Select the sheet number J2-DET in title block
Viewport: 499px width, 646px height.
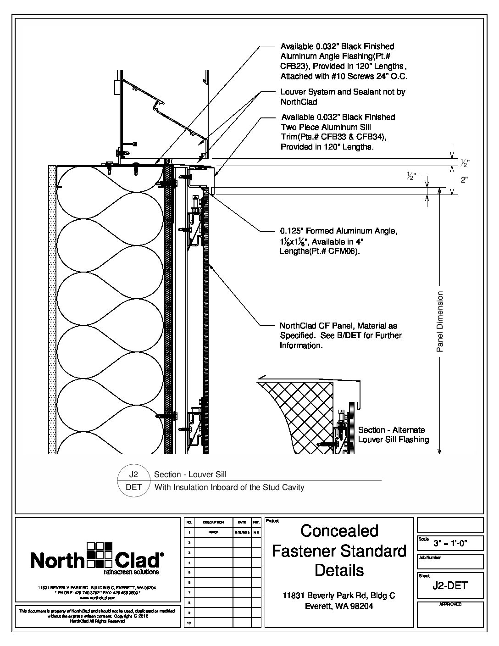[x=450, y=585]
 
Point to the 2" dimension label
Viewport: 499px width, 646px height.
[x=464, y=180]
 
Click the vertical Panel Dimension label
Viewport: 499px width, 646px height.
[x=440, y=322]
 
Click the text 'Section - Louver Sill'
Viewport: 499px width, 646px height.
[x=190, y=474]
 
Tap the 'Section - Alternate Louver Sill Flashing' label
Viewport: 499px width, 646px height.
[x=393, y=434]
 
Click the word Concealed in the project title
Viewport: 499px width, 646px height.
[x=339, y=531]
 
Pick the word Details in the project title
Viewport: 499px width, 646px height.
[x=339, y=570]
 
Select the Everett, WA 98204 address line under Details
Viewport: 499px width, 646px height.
[x=339, y=606]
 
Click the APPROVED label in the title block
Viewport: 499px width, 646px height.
[x=450, y=604]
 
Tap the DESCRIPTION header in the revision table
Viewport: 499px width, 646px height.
[x=213, y=523]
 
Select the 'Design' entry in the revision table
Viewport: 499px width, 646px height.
[x=213, y=532]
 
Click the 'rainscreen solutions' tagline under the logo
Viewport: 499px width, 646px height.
[x=131, y=572]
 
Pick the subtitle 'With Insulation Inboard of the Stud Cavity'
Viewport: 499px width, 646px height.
[x=229, y=487]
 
